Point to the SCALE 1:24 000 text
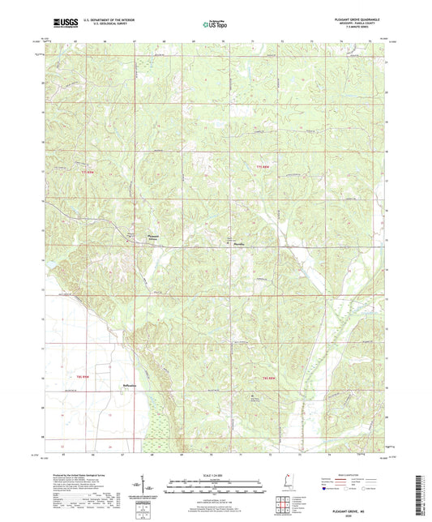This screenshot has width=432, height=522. [x=215, y=473]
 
